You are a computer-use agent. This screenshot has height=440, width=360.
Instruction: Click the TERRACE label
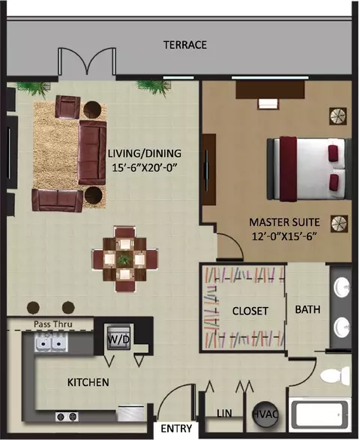pos(185,45)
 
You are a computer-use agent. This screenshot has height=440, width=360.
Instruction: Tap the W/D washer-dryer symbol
pos(118,337)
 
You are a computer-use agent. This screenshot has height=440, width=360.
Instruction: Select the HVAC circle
pos(265,414)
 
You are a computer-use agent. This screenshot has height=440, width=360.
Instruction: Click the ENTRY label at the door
pos(176,429)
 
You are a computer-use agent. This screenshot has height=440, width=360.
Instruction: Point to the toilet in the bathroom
pos(335,375)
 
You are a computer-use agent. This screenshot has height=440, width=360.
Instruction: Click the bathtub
pos(321,414)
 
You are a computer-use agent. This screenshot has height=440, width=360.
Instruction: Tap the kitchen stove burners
pos(67,416)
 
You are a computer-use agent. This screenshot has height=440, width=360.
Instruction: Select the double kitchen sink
pos(51,342)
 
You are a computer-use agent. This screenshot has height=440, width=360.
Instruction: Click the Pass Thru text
pos(53,324)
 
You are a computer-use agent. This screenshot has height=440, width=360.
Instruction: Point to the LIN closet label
pos(224,413)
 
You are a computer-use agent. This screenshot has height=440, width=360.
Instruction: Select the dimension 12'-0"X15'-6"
pos(284,237)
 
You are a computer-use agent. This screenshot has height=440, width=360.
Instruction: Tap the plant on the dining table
pos(123,259)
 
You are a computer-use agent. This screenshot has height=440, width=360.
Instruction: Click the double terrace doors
pos(87,61)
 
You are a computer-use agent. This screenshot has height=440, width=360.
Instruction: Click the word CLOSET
pos(250,311)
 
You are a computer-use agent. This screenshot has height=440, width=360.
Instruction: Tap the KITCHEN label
pos(88,382)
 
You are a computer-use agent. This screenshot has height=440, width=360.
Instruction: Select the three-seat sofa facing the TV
pos(92,152)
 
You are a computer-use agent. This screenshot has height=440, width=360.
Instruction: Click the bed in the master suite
pos(309,169)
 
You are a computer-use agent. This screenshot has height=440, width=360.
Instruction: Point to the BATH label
pos(307,309)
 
